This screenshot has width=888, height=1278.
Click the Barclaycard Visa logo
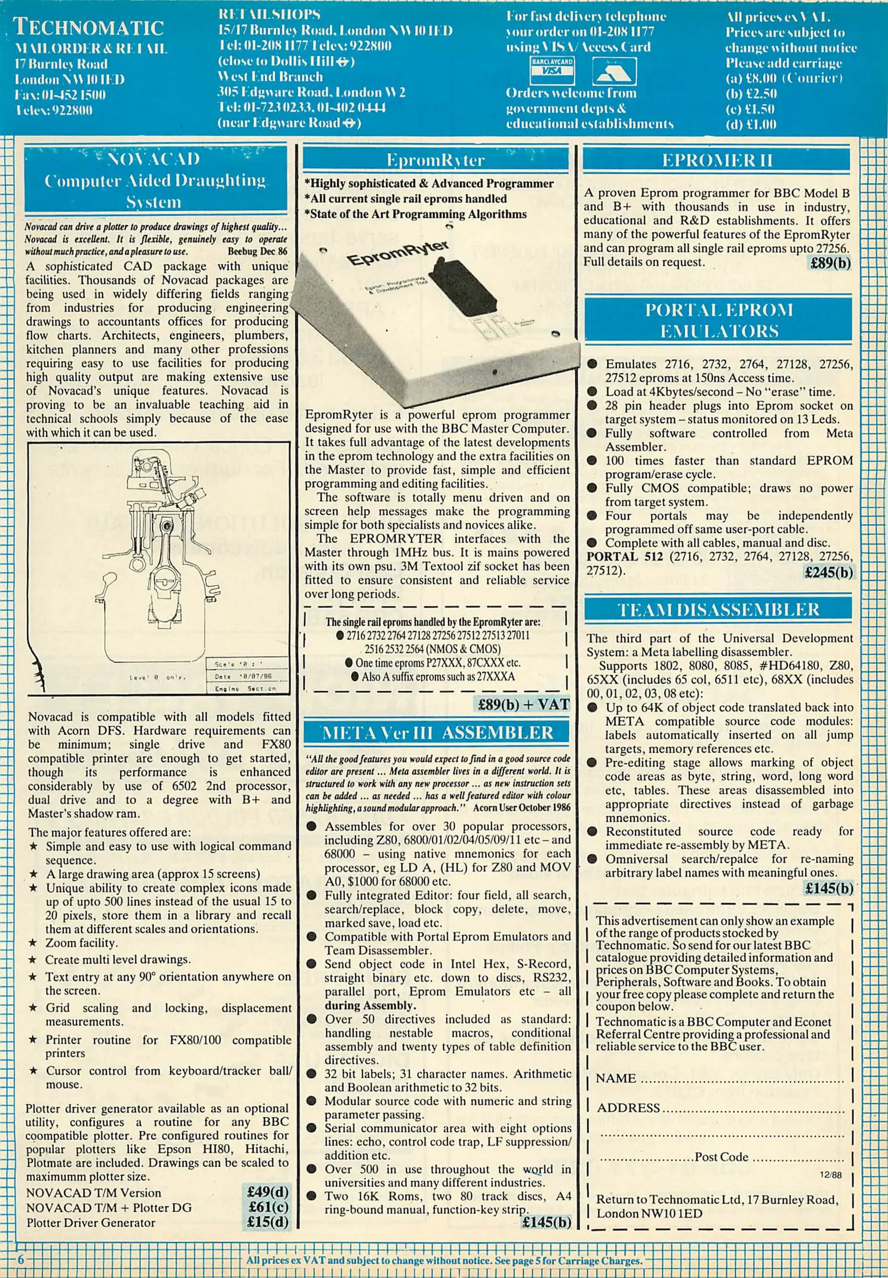pos(552,70)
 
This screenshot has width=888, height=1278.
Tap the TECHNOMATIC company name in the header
pos(89,27)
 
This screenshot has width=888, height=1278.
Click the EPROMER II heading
pos(716,160)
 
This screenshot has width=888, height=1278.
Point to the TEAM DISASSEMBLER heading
pos(718,609)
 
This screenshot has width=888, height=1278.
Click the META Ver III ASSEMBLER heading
pos(437,732)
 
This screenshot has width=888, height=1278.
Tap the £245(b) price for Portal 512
pos(828,572)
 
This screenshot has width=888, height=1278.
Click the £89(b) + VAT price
pos(523,704)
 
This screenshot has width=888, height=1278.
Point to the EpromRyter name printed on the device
pos(397,254)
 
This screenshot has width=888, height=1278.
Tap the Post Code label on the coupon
pos(721,1157)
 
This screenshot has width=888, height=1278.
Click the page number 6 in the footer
pos(21,1260)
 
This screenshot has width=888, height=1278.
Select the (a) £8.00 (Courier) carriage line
pos(784,78)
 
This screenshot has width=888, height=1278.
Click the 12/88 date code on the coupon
pos(831,1174)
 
